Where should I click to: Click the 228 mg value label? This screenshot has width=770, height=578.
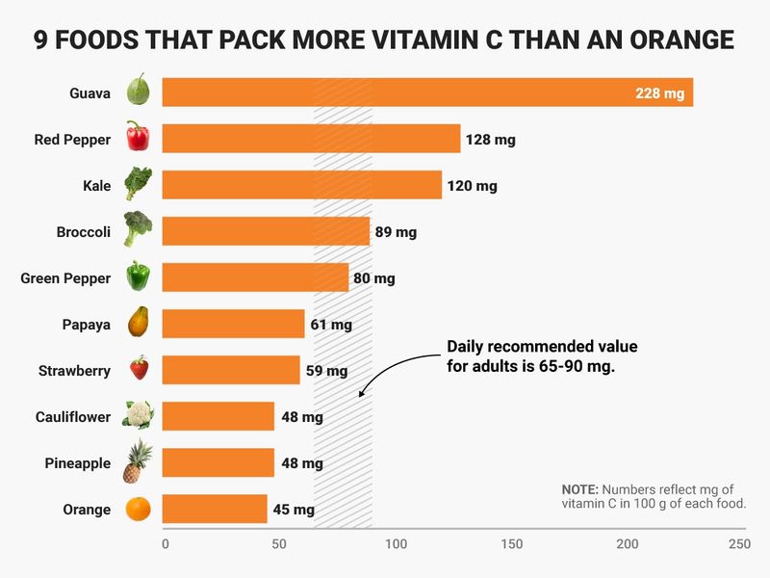[659, 93]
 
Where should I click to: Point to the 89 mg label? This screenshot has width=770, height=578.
[396, 232]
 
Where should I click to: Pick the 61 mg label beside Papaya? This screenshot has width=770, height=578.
[331, 325]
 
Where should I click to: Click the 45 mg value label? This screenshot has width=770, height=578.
[294, 510]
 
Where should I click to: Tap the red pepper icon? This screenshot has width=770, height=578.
[138, 138]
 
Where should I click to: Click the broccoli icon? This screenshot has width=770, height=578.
[138, 230]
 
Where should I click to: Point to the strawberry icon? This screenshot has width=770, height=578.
[139, 370]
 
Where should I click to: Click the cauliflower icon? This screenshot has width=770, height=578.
[138, 416]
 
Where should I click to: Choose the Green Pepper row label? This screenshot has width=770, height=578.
[65, 278]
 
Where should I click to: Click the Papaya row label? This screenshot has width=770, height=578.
[86, 325]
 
